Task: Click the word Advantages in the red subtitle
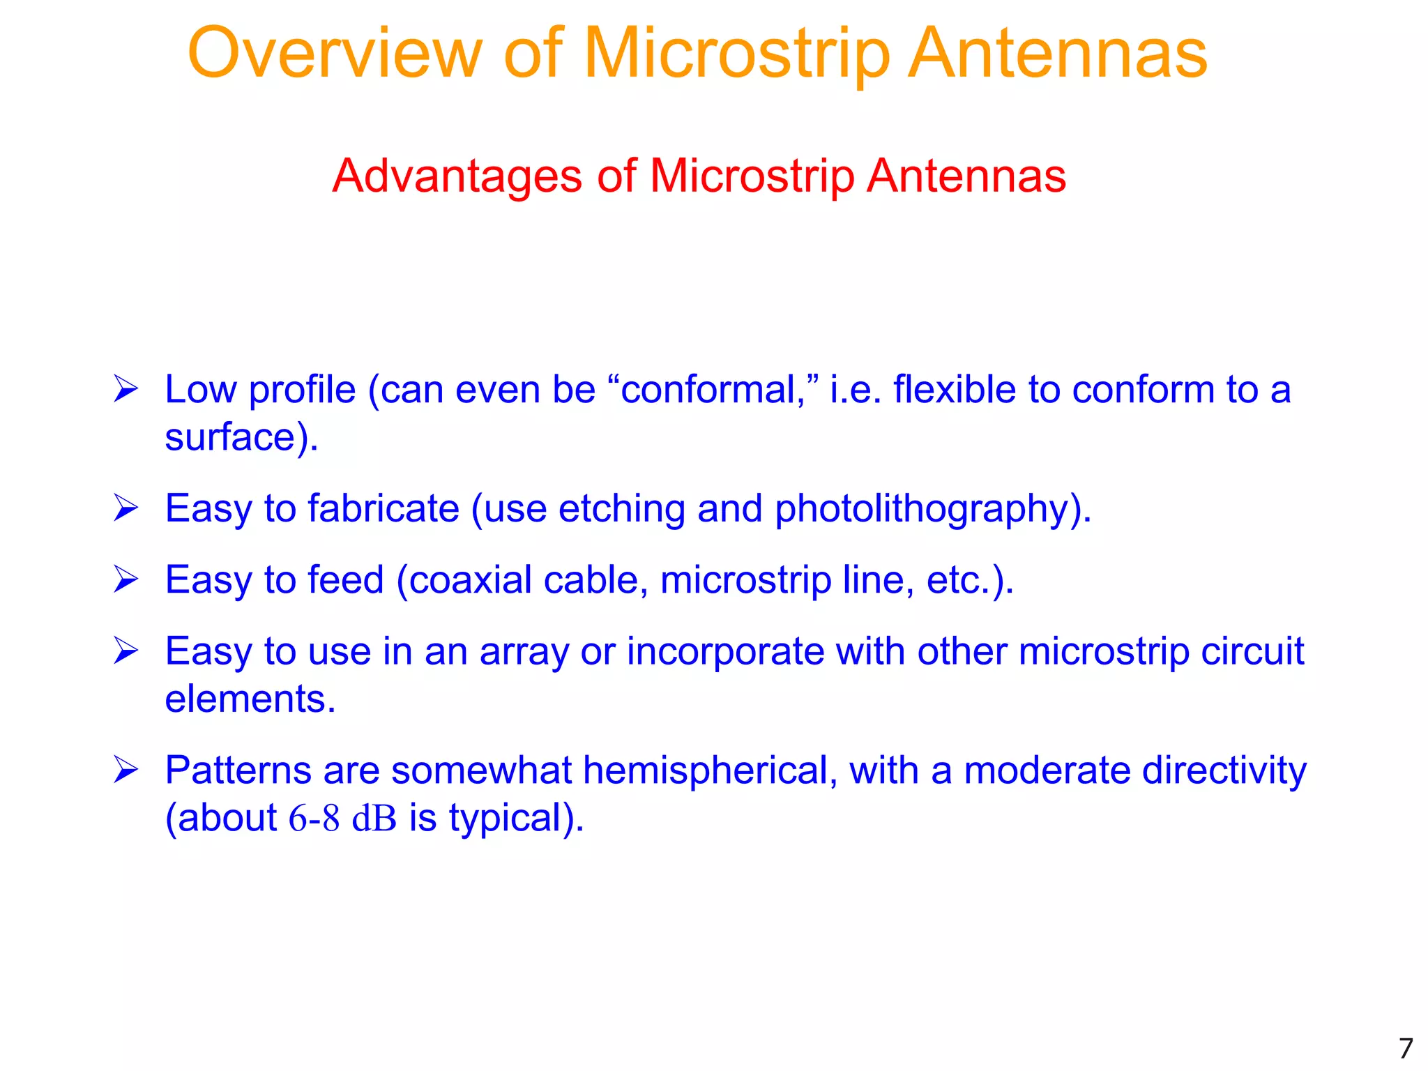click(457, 176)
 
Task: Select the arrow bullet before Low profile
click(126, 389)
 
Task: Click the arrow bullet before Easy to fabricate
click(126, 508)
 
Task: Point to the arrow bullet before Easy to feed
click(126, 579)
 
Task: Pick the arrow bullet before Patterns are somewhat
click(126, 770)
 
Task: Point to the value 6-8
click(314, 818)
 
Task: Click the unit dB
click(374, 818)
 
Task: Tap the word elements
click(250, 699)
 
